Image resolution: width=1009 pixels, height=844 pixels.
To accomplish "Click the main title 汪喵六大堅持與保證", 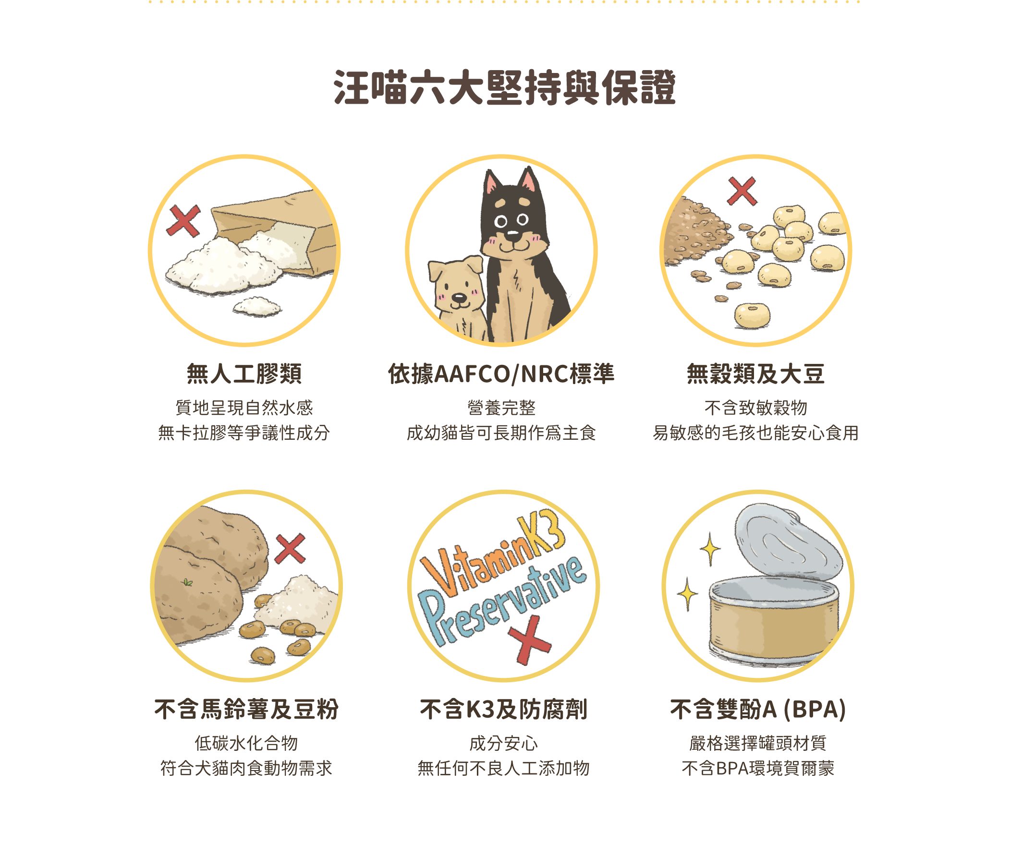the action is pyautogui.click(x=504, y=87).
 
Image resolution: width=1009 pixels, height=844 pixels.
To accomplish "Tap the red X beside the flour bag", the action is pyautogui.click(x=183, y=221).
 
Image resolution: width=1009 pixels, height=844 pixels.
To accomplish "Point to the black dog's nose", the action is pyautogui.click(x=513, y=234).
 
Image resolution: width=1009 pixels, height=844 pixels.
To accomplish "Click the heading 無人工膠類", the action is pyautogui.click(x=244, y=374).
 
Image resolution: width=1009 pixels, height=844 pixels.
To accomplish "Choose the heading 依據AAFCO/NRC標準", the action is pyautogui.click(x=501, y=374).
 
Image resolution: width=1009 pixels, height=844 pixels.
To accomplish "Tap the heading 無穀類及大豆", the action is pyautogui.click(x=755, y=374).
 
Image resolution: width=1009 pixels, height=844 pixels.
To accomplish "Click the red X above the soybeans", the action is pyautogui.click(x=742, y=191).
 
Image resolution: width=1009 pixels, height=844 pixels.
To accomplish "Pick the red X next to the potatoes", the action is pyautogui.click(x=290, y=548).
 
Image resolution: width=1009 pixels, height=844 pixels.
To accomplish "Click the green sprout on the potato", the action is pyautogui.click(x=187, y=583).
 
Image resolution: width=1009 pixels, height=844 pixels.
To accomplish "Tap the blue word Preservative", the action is pyautogui.click(x=502, y=601).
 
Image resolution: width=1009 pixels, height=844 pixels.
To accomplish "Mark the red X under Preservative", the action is pyautogui.click(x=529, y=640).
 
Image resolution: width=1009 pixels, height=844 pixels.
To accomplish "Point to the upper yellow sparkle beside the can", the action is pyautogui.click(x=710, y=549).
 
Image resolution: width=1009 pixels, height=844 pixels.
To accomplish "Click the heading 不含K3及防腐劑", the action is pyautogui.click(x=503, y=709).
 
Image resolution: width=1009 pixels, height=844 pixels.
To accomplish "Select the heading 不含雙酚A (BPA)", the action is pyautogui.click(x=758, y=709).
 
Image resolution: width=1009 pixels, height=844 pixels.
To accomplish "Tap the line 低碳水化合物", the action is pyautogui.click(x=246, y=743).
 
